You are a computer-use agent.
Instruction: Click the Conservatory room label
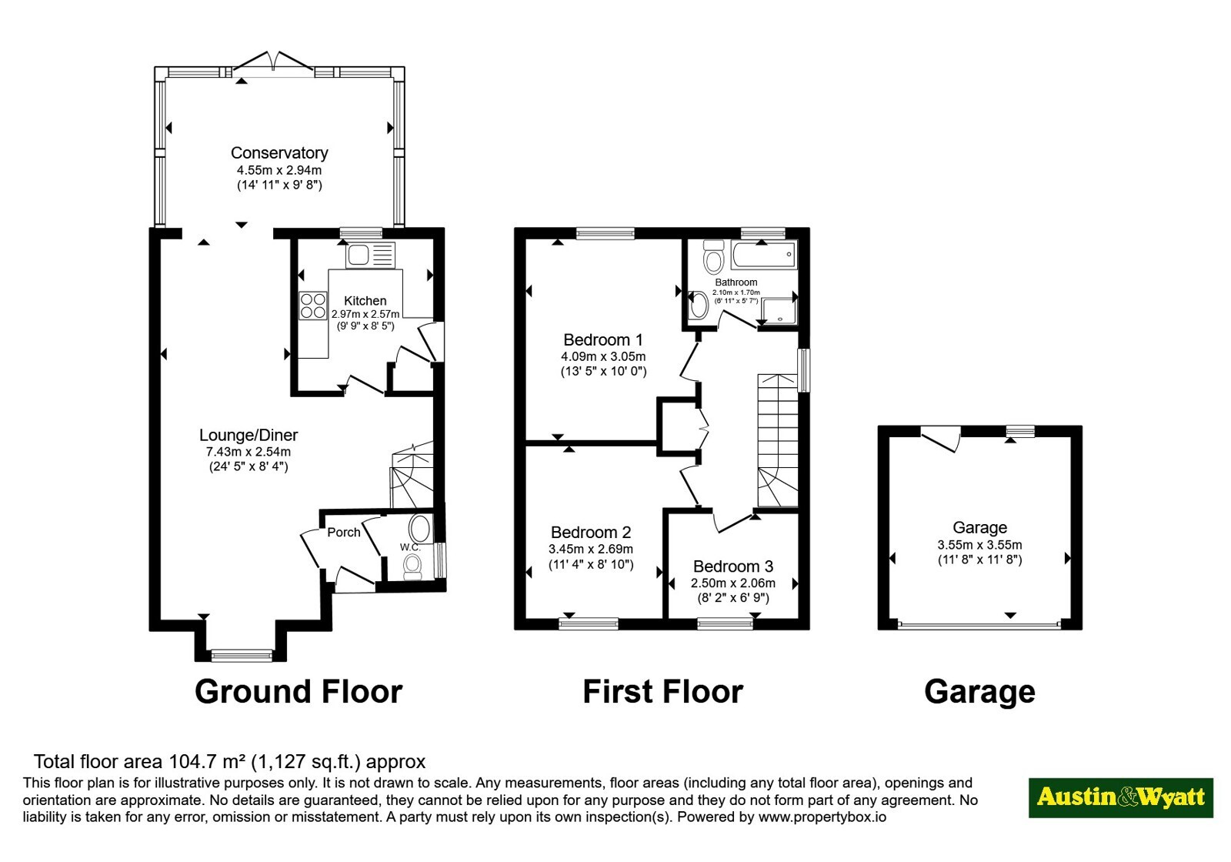coord(279,153)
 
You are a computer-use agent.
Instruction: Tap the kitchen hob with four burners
coord(312,306)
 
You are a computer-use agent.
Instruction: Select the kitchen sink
coord(370,255)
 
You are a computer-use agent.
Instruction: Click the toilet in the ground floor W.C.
coord(412,566)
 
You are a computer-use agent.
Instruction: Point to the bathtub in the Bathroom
coord(764,255)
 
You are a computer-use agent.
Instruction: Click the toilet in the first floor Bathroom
coord(714,257)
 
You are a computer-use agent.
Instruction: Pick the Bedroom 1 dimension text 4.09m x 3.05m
coord(603,356)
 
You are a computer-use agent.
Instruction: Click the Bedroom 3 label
coord(733,566)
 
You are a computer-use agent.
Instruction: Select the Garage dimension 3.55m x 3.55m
coord(980,545)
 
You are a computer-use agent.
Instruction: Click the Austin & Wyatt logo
coord(1121,797)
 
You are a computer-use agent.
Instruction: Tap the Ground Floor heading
coord(299,692)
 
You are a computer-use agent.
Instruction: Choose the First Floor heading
coord(662,692)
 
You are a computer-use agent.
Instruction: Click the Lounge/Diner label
coord(249,436)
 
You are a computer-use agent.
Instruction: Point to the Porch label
coord(344,532)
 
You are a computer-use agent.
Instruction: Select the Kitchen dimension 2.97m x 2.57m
coord(365,315)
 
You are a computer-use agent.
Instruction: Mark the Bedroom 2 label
coord(591,532)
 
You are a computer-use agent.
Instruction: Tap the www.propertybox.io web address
coord(822,817)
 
